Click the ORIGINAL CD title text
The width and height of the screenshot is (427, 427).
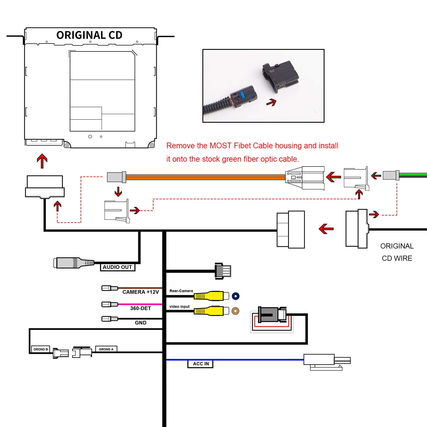pos(89,35)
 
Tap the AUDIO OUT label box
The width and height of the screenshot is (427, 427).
pos(118,267)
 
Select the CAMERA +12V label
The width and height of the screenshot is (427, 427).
pos(141,292)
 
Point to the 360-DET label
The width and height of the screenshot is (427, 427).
pos(141,308)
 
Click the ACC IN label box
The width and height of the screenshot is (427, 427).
pos(200,364)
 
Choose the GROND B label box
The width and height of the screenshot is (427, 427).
pos(40,349)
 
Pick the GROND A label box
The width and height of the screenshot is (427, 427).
pos(106,349)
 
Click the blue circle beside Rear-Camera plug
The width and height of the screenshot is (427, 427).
pos(236,296)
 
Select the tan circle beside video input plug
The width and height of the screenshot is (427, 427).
pos(235,311)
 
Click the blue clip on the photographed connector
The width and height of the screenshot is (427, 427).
pos(243,95)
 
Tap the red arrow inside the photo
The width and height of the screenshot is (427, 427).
pos(272,102)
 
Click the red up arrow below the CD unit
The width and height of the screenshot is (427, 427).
pos(42,161)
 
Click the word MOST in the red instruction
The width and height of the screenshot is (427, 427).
pos(220,146)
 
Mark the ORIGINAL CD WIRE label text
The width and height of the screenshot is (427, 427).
pos(397,252)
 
